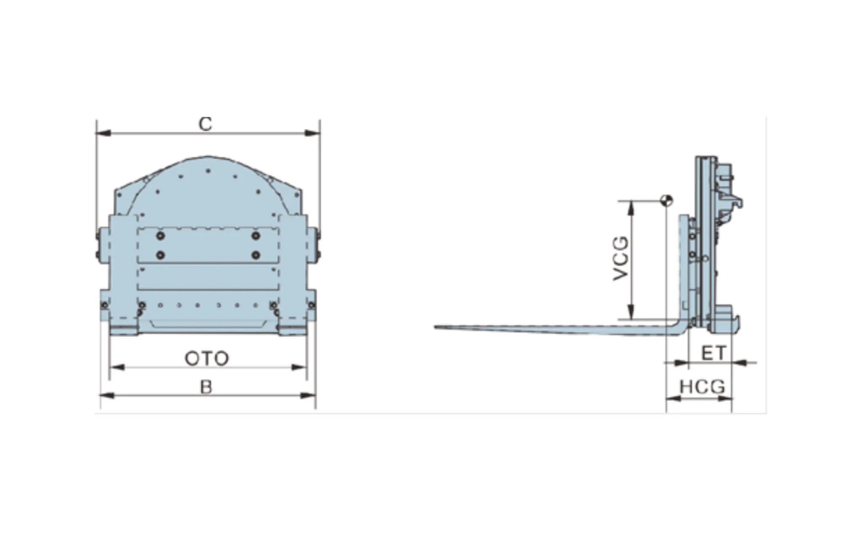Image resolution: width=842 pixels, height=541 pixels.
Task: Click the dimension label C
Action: [x=205, y=124]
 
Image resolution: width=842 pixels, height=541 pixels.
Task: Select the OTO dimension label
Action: [x=207, y=359]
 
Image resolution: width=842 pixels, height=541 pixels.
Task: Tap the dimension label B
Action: [x=206, y=386]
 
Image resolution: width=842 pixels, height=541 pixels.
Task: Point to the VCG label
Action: [x=621, y=259]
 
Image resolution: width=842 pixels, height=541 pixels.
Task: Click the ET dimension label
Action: [x=714, y=353]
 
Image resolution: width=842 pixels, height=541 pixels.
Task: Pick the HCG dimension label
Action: [x=702, y=386]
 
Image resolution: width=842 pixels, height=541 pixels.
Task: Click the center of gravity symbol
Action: [x=667, y=200]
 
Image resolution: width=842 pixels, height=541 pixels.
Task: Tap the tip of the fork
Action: [x=435, y=327]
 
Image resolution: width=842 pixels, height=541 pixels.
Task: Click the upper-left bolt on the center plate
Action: [x=160, y=236]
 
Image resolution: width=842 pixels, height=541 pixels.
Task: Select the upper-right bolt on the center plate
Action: [x=256, y=236]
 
